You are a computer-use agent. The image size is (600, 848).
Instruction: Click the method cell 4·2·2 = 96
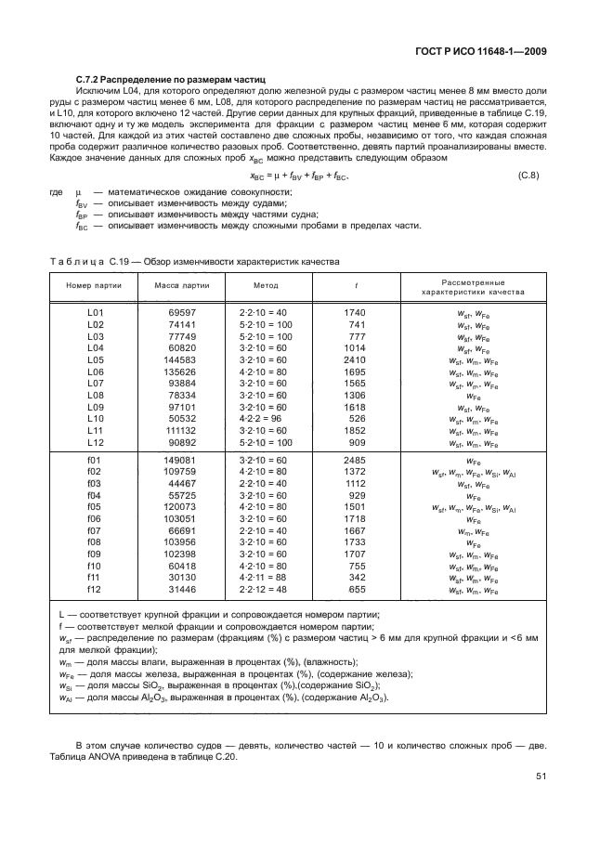264,419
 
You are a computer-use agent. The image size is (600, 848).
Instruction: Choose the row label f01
93,460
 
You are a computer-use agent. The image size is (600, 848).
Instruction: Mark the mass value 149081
182,460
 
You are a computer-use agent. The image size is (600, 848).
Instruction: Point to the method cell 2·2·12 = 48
264,590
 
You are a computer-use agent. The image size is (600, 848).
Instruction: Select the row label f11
93,578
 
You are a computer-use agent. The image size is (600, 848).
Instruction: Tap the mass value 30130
184,578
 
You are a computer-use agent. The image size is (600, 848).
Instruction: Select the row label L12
95,442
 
